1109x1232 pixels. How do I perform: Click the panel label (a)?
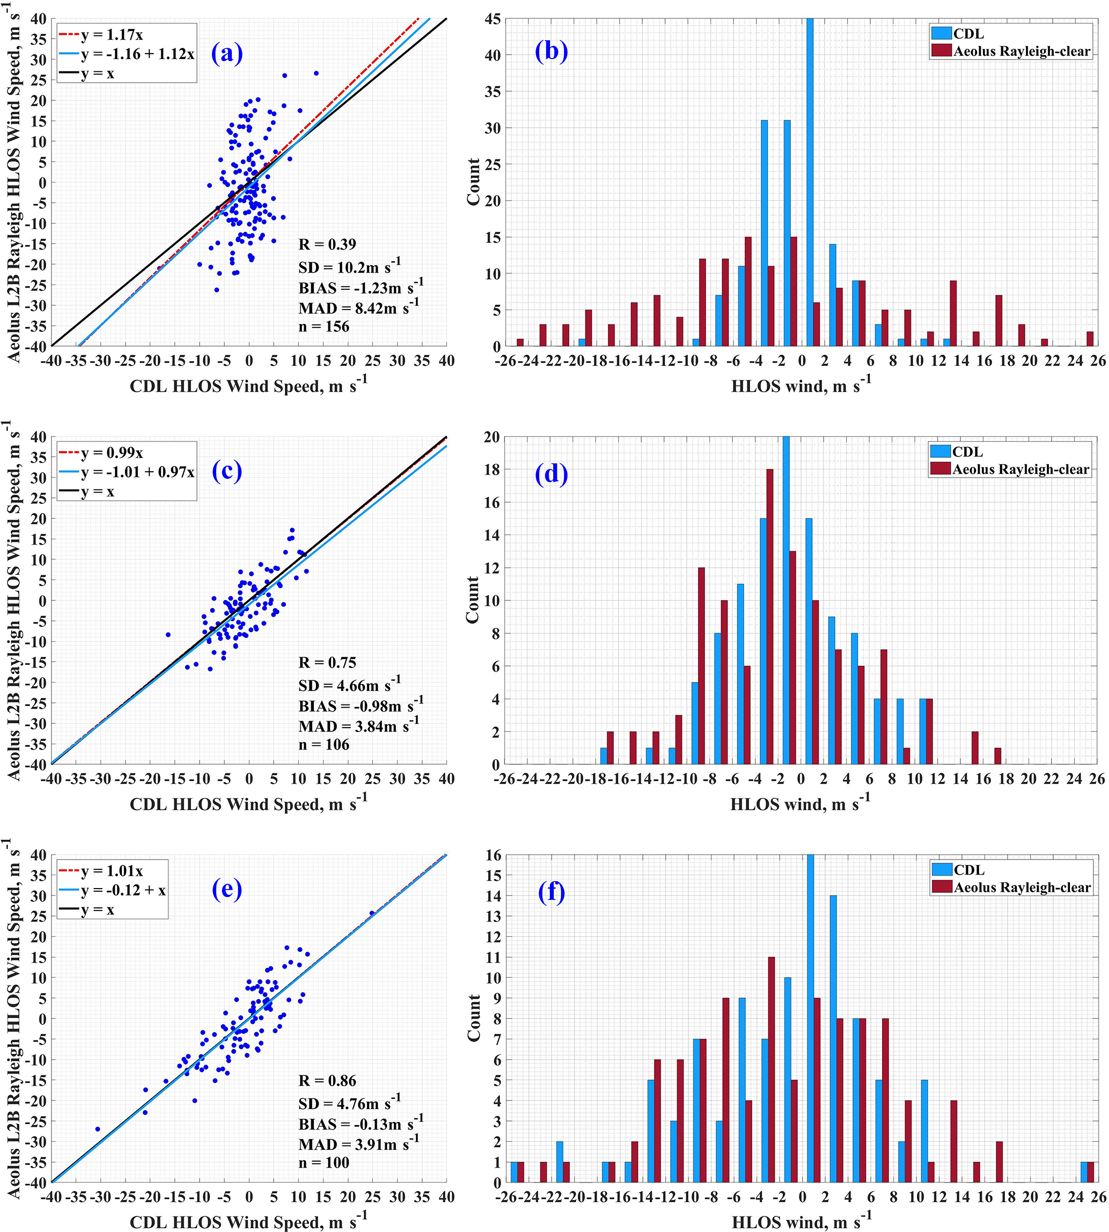point(226,54)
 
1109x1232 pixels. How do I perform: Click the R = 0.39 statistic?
point(327,244)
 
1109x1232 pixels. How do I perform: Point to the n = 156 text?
point(324,327)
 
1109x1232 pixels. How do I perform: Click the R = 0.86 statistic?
point(327,1081)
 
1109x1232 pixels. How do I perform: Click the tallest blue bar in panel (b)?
point(810,183)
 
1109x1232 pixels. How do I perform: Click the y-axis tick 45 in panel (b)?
point(493,19)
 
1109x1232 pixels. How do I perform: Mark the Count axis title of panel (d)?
point(473,599)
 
